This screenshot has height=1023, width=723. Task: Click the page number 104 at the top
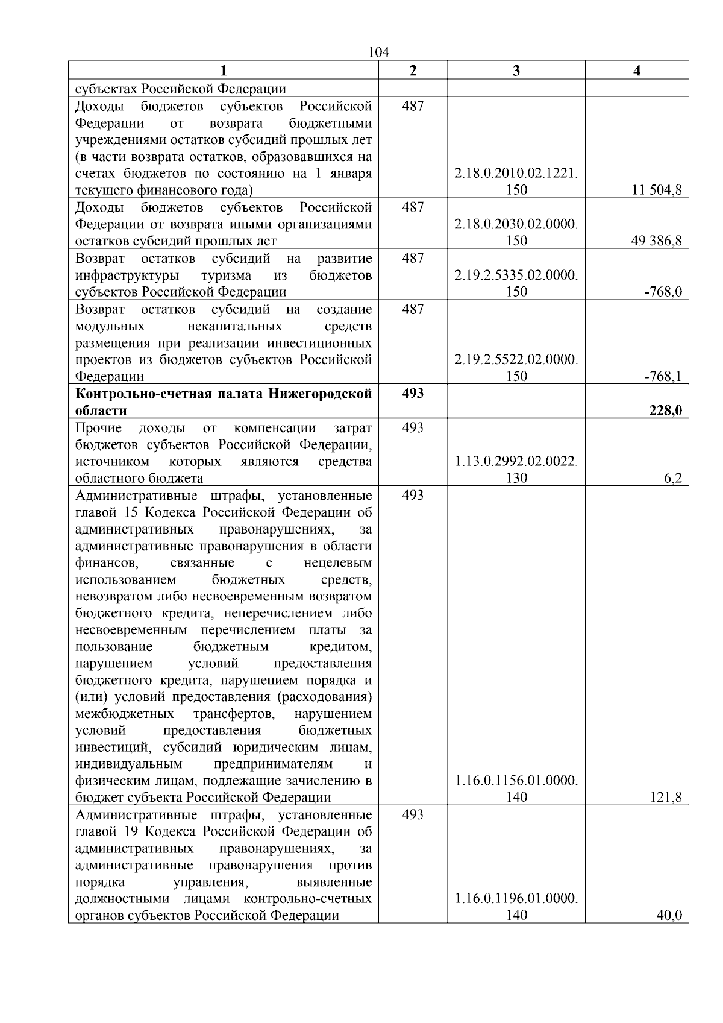pos(378,52)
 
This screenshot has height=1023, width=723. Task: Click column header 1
pos(224,71)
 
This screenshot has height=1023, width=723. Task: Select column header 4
pos(637,71)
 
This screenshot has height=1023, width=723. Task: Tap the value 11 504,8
pos(657,190)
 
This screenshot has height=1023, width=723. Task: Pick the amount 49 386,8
pos(657,241)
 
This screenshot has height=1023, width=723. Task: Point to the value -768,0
pos(663,292)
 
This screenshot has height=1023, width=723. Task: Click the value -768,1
pos(663,377)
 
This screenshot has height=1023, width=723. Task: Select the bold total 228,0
pos(665,411)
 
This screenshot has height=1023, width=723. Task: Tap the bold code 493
pos(413,394)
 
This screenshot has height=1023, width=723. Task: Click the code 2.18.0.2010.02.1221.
pos(516,174)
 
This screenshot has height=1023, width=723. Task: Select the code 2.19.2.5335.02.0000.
pos(516,275)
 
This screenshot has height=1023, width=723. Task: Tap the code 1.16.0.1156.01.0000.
pos(516,781)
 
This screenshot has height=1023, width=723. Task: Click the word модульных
pos(110,327)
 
